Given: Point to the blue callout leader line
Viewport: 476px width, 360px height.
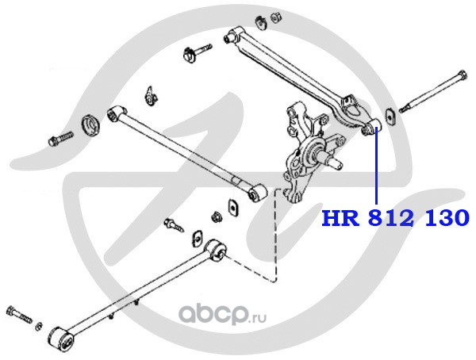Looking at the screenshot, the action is tap(376, 167).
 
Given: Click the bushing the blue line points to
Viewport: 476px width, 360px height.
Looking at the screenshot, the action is tap(371, 125).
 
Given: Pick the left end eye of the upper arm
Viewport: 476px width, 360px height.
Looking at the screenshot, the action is tap(232, 34).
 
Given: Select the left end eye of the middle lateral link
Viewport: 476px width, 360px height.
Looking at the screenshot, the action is tap(116, 114).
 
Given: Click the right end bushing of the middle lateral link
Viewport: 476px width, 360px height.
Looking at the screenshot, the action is tap(255, 193).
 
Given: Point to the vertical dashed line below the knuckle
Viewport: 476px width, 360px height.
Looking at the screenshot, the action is tap(275, 238).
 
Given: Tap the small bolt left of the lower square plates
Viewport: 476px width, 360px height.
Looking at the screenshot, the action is tap(171, 225).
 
